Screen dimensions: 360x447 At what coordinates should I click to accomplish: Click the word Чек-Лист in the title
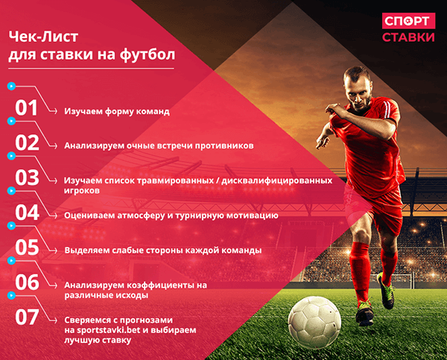pos(41,36)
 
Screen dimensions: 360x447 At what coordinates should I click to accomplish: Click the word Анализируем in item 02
pos(94,146)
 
